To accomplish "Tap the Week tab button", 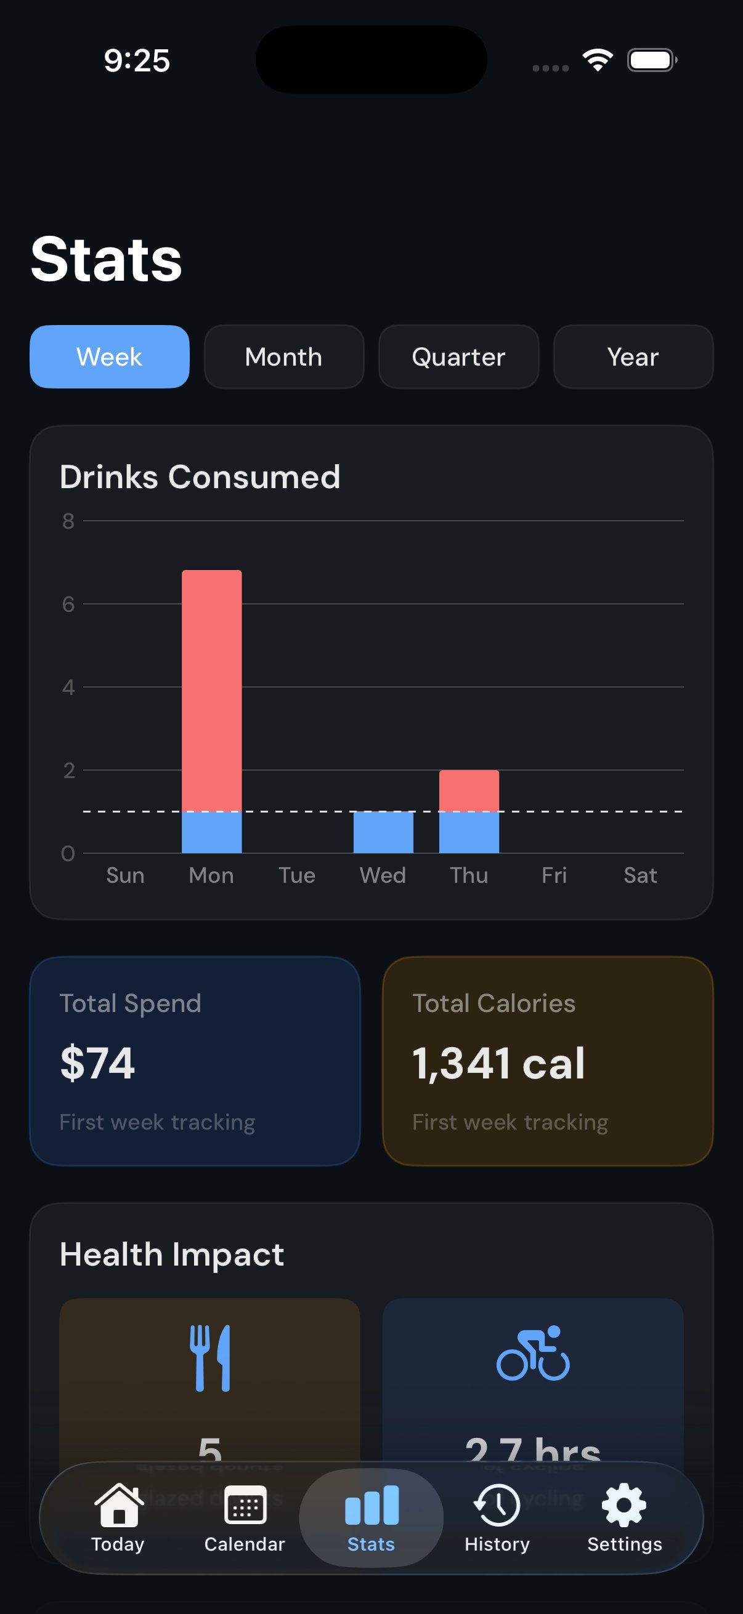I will [110, 356].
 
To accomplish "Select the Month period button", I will [284, 356].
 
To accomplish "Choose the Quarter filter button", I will [458, 356].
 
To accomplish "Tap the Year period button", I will [633, 356].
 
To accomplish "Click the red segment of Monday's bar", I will [211, 689].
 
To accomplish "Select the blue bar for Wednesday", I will [383, 832].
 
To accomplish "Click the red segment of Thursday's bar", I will [469, 790].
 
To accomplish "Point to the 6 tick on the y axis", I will [68, 604].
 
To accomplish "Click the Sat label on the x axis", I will [639, 875].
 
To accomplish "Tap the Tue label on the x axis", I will [297, 875].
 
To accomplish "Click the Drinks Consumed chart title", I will [200, 477].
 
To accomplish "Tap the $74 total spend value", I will [98, 1063].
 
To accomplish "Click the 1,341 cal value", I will [498, 1063].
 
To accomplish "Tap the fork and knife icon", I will [210, 1358].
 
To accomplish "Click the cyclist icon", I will [533, 1354].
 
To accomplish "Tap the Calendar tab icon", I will [245, 1505].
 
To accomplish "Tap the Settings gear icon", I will [624, 1505].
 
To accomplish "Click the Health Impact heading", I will [172, 1255].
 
